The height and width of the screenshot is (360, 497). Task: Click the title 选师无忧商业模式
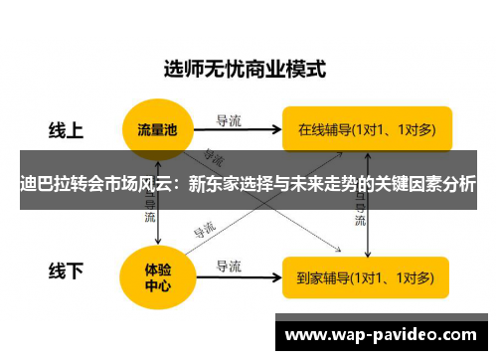[245, 71]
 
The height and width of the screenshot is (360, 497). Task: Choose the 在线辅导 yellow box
[366, 128]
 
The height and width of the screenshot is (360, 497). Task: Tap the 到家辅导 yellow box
[366, 276]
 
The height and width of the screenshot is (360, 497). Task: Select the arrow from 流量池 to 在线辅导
[239, 129]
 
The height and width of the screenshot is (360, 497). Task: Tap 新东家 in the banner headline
[214, 185]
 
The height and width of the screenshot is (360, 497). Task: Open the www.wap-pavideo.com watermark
[382, 335]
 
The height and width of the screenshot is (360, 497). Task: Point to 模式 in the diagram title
[304, 71]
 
